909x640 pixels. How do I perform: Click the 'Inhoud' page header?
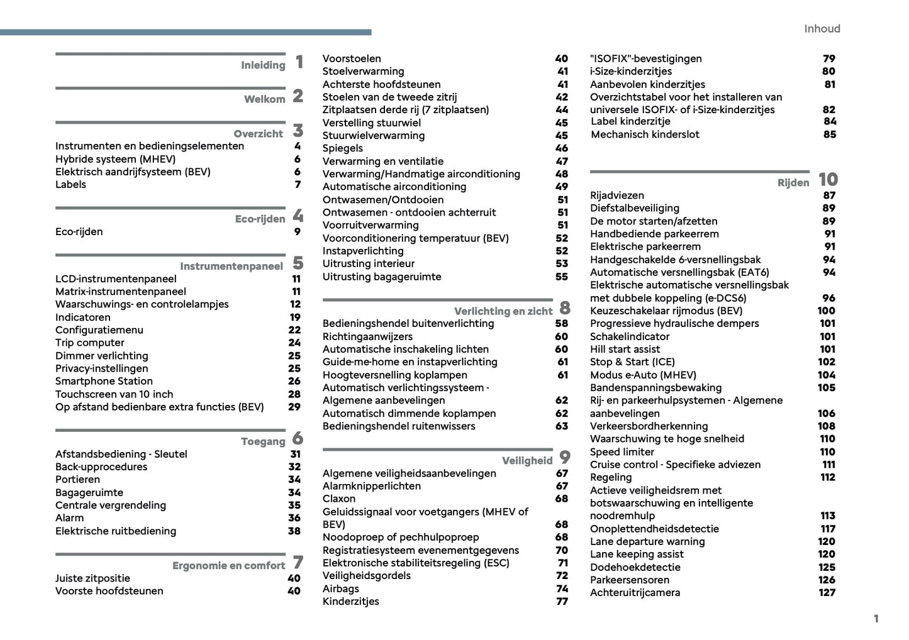click(822, 29)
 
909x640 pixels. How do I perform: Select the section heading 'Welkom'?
click(264, 99)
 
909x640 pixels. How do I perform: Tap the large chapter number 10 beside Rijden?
click(828, 180)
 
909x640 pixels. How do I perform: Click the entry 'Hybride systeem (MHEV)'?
click(115, 159)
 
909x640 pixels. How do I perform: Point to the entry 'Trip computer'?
click(89, 343)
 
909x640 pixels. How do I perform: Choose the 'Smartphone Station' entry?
click(104, 381)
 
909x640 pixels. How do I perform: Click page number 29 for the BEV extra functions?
click(294, 407)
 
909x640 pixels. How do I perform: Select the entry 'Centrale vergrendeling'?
click(111, 505)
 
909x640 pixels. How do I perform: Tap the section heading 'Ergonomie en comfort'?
click(228, 566)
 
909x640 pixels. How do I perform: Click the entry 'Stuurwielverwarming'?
click(373, 135)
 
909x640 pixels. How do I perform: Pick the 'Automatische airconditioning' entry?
click(394, 187)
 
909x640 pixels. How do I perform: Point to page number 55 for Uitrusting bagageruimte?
click(561, 277)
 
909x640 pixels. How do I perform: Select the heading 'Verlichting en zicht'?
click(503, 311)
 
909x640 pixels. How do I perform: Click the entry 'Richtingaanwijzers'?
click(367, 336)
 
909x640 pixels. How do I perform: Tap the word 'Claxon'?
click(339, 499)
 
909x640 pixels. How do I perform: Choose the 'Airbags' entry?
click(341, 588)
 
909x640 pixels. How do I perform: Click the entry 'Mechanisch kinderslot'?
click(645, 134)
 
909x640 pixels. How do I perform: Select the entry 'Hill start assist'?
click(625, 349)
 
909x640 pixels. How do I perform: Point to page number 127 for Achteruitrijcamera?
click(827, 592)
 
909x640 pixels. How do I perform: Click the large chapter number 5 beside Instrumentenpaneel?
click(298, 263)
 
